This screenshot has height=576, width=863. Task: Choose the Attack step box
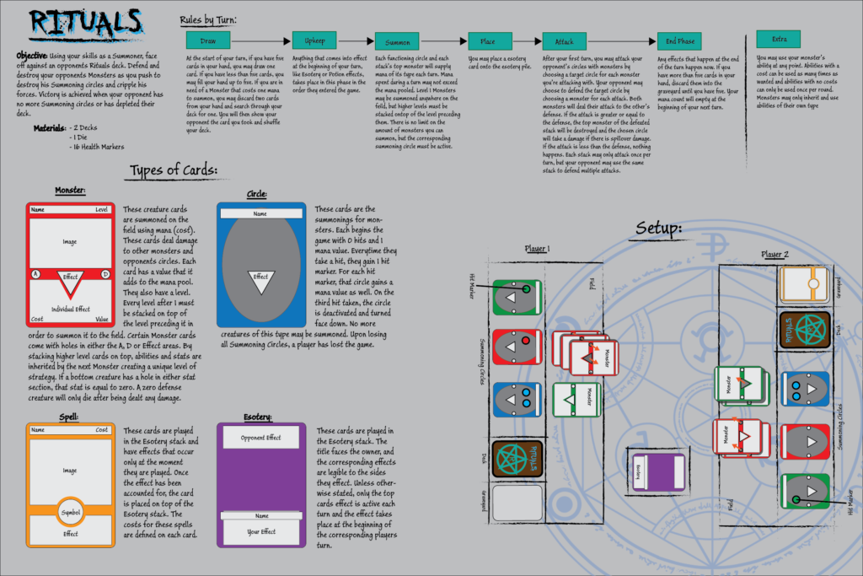click(x=564, y=40)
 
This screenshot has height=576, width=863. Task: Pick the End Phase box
click(x=680, y=40)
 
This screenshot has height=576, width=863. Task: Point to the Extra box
click(x=778, y=39)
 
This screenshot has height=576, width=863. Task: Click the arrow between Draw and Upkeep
click(x=260, y=40)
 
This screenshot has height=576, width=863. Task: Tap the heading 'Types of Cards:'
click(x=174, y=171)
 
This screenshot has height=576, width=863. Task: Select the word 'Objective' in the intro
click(x=31, y=55)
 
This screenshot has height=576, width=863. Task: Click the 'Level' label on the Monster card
click(x=101, y=208)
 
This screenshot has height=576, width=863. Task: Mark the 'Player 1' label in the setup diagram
click(x=536, y=249)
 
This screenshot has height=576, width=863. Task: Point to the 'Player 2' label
click(x=774, y=254)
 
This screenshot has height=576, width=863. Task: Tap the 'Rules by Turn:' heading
click(x=208, y=19)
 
